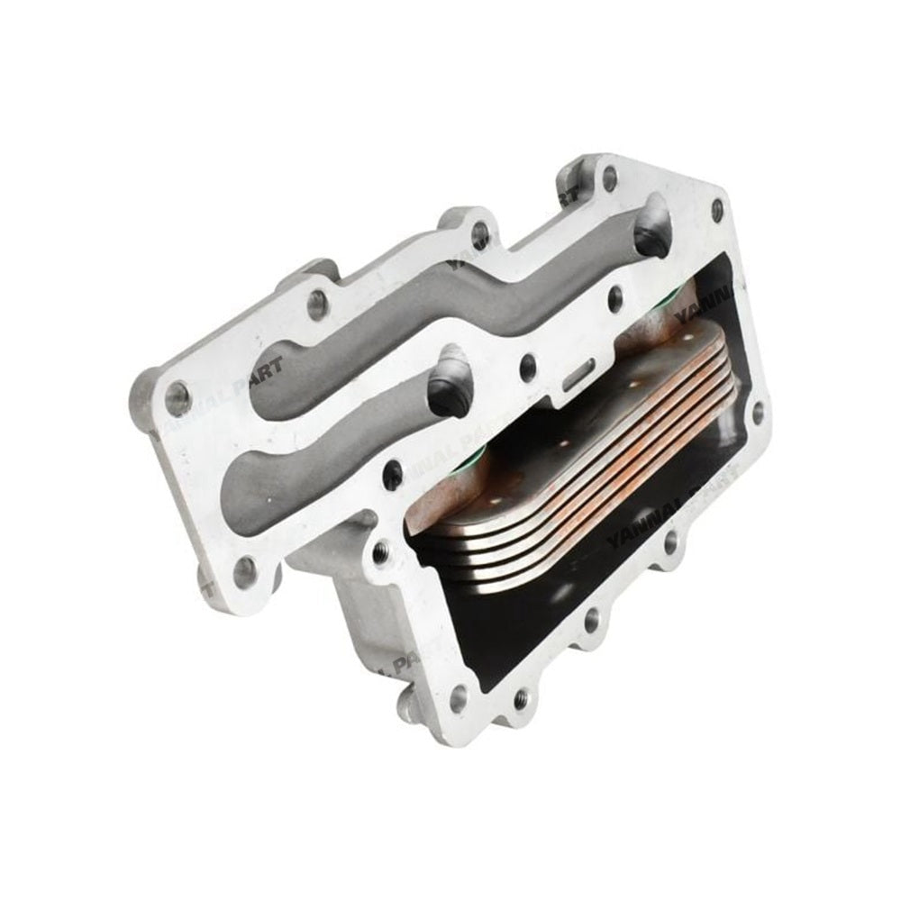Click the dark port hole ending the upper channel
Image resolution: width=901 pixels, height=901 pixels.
point(651,236)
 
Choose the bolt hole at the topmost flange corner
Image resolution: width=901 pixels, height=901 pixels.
point(610,177)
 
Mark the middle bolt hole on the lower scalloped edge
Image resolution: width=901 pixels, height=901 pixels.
point(591,620)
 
